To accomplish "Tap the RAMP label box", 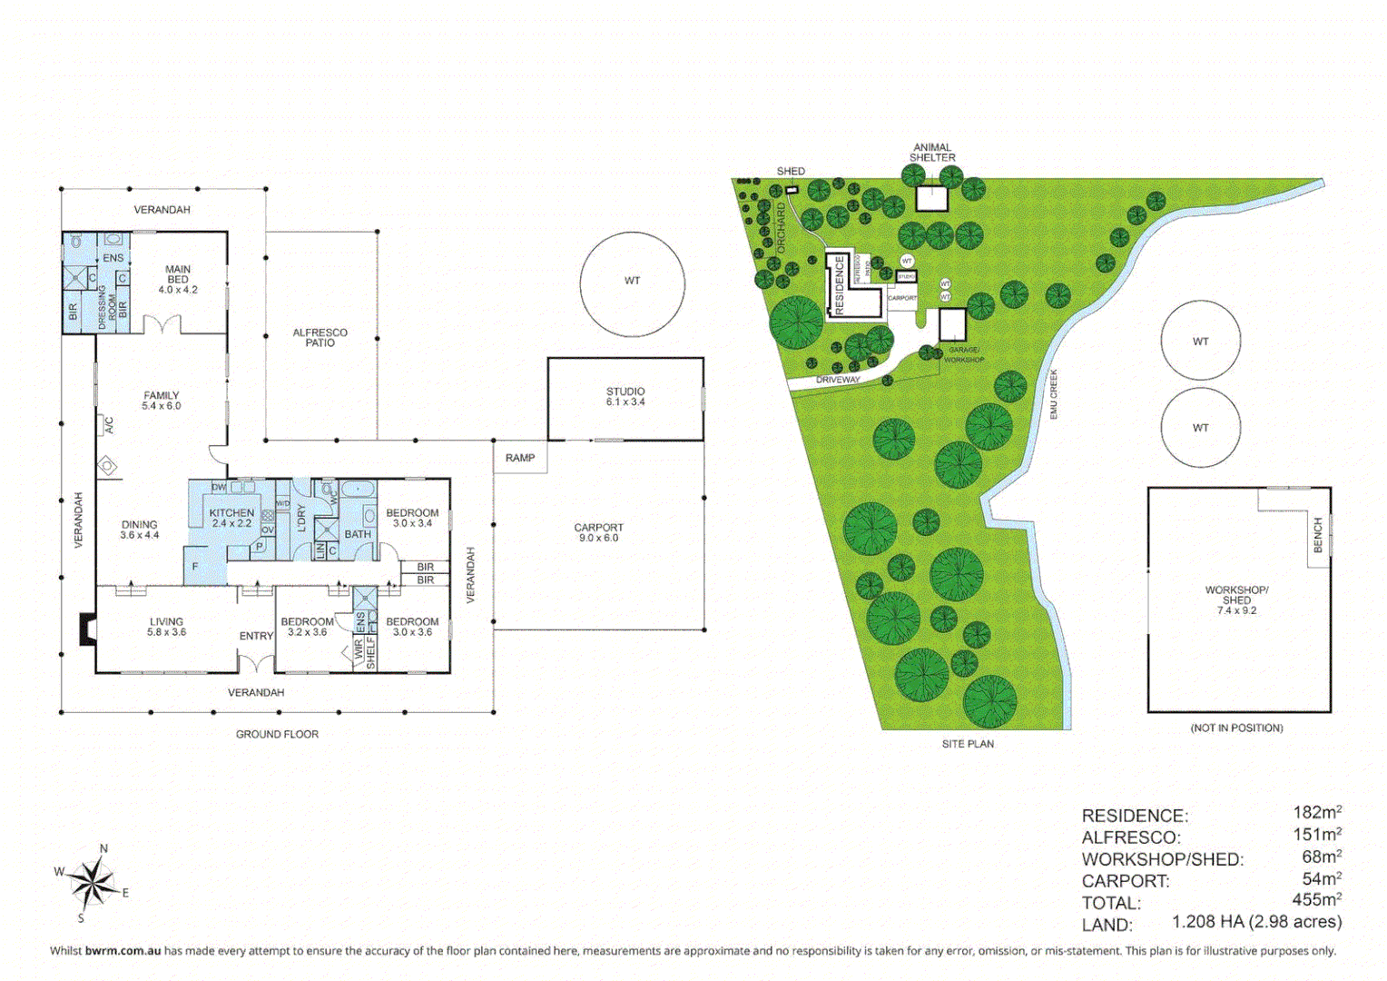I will point(520,458).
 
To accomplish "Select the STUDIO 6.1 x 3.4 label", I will point(625,397).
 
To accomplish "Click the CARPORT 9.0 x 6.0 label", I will point(598,532).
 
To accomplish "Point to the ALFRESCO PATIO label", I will point(320,338).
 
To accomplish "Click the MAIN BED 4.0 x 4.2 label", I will point(178,280).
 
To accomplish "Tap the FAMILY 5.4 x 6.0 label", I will point(161,401).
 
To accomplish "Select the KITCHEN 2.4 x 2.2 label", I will point(231,518).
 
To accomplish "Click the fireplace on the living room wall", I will point(88,629).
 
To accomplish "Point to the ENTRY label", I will point(256,636).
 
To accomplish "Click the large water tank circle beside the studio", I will point(632,283).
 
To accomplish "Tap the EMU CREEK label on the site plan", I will point(1054,393).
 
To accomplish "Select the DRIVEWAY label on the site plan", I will point(837,380).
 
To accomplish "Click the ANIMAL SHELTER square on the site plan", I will point(931,198).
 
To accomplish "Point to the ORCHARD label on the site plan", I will point(781,227).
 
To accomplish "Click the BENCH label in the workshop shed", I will point(1318,535).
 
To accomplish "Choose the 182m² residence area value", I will point(1316,813).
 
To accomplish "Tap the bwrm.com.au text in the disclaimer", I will point(123,951).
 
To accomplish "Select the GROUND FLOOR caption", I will point(277,734).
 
